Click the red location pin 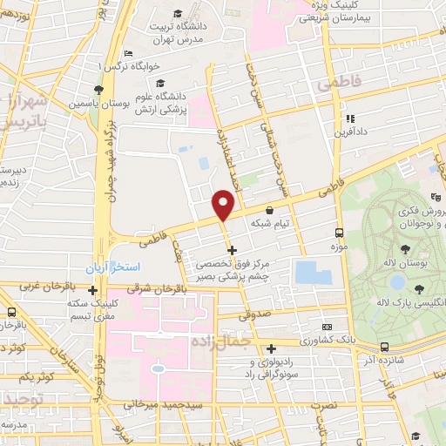coord(224,205)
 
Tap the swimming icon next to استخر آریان coord(91,267)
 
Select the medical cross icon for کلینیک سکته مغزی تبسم coord(92,289)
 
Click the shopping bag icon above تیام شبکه coord(268,210)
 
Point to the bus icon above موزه coord(339,233)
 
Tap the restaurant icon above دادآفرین coord(349,118)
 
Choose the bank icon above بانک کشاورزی coord(326,324)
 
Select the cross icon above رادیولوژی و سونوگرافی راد coord(272,348)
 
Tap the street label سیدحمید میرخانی coord(165,403)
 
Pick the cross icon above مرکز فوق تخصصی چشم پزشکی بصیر coord(231,250)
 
